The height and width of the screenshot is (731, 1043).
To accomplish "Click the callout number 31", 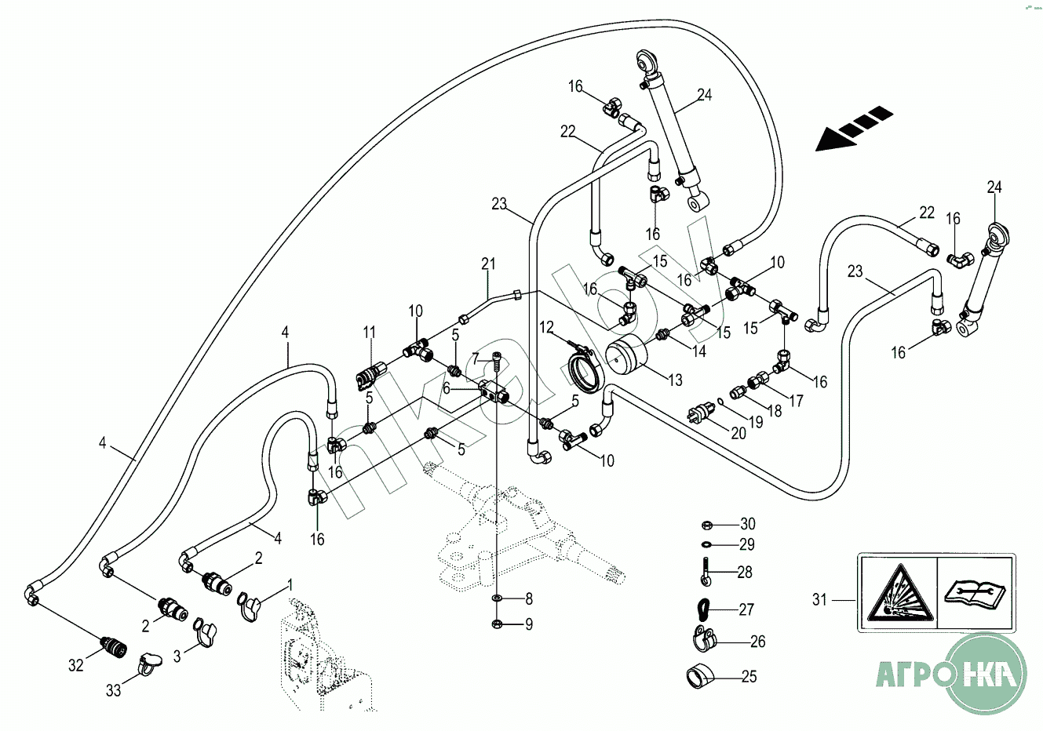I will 819,600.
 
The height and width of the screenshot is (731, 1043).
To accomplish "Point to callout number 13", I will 675,380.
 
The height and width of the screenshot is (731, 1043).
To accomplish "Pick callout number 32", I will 75,665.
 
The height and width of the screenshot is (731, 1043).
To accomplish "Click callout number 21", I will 489,264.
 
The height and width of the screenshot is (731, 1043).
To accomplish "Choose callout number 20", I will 738,433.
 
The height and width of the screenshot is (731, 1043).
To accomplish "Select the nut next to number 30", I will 706,524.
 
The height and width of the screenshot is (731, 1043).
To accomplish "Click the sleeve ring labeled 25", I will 701,675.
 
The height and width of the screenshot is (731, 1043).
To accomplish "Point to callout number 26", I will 757,642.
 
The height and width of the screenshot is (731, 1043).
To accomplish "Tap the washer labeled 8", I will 498,599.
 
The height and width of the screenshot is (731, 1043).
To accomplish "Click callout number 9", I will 529,624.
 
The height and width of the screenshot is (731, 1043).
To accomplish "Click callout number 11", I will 370,333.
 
